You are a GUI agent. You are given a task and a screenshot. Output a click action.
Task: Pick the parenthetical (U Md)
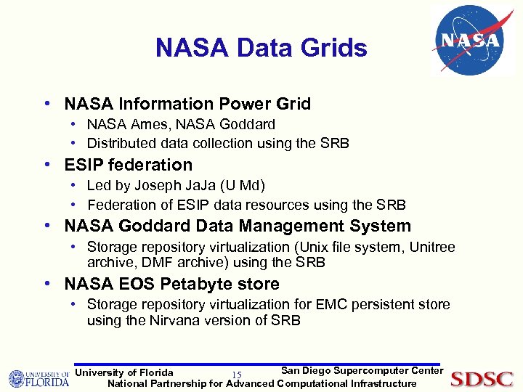click(x=246, y=187)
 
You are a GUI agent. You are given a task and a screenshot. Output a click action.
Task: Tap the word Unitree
click(x=432, y=248)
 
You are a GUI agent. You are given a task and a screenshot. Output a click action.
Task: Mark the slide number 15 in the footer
click(x=236, y=375)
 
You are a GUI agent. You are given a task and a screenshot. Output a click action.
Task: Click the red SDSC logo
click(x=482, y=379)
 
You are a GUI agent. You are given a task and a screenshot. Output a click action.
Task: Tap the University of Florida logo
click(x=38, y=379)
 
